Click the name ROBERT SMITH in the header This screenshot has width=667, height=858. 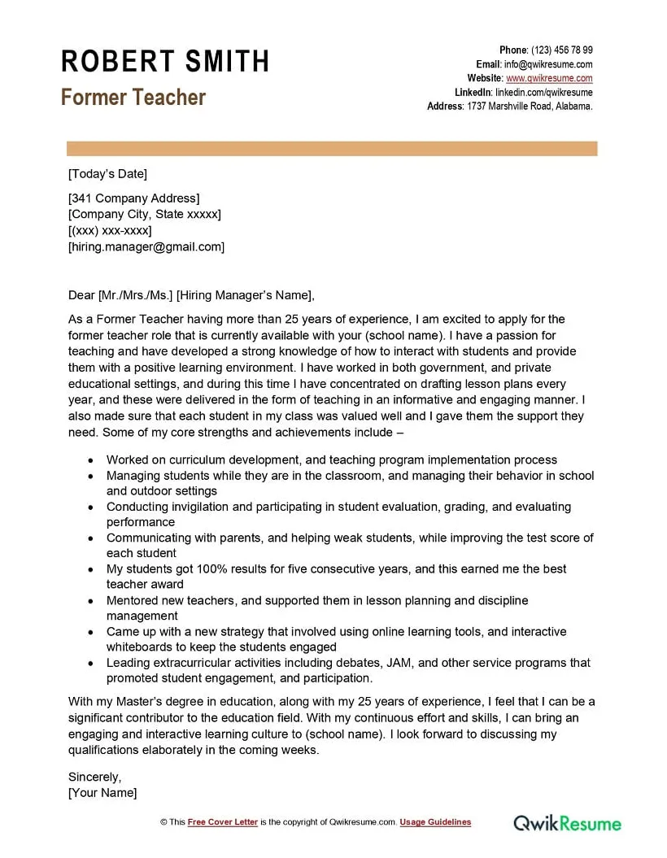tap(164, 62)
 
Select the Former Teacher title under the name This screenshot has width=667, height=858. tap(133, 98)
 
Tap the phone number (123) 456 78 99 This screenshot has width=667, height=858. tap(562, 50)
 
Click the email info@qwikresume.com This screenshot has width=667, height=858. tap(549, 64)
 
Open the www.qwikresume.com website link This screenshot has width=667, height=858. tap(549, 79)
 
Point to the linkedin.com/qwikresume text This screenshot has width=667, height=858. tap(543, 93)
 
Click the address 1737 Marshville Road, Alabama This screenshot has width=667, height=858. tap(530, 107)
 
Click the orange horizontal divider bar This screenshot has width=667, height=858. tap(332, 149)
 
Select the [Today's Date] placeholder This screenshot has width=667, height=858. tap(107, 173)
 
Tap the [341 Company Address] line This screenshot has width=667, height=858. tap(133, 198)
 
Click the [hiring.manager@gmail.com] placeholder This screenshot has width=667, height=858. tap(146, 246)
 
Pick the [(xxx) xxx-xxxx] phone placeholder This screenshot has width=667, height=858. tap(110, 230)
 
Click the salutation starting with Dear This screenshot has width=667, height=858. tap(191, 295)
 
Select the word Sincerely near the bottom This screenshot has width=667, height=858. tap(94, 777)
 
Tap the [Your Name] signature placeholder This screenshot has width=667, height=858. tap(102, 792)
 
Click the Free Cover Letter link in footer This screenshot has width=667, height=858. tap(223, 822)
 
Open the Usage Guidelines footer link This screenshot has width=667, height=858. tap(435, 822)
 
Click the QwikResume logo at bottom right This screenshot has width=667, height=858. tap(567, 823)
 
